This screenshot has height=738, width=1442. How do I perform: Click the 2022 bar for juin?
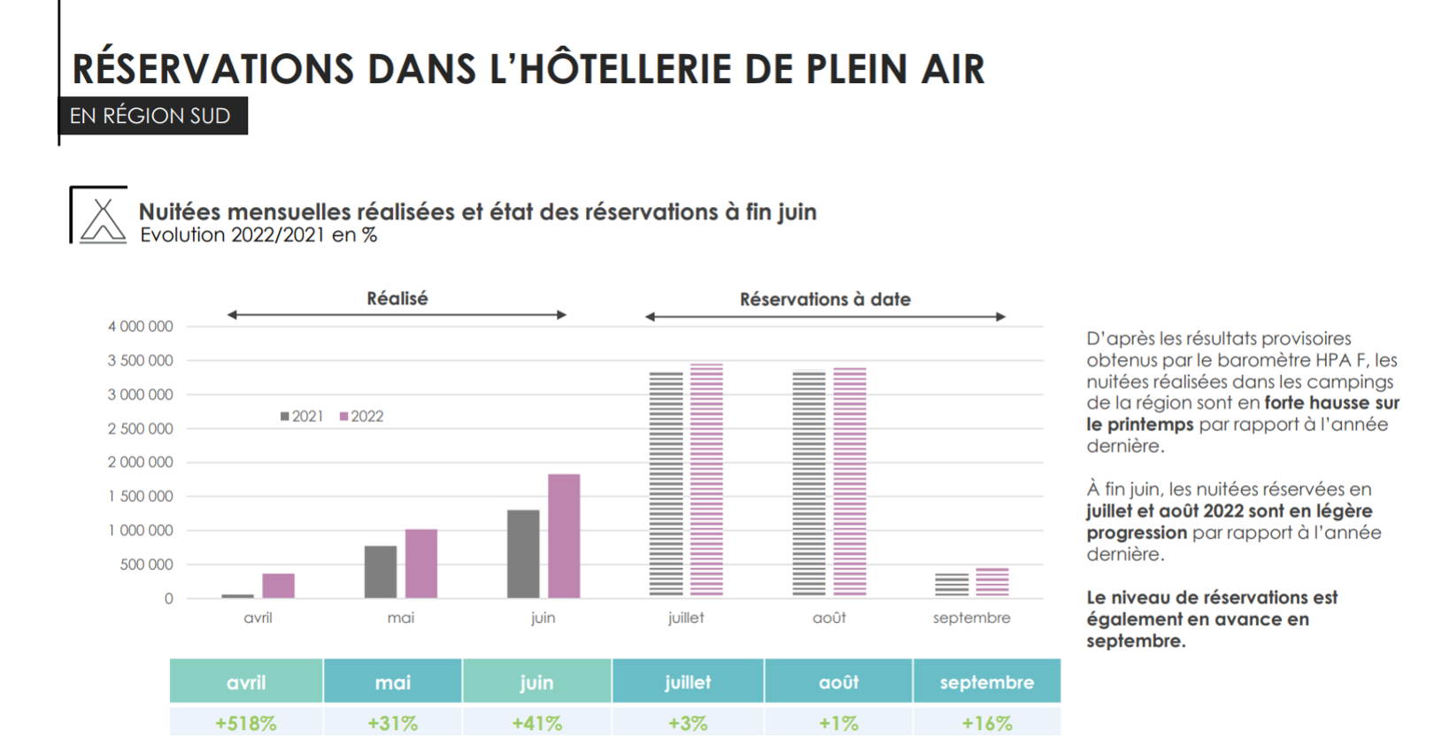[564, 536]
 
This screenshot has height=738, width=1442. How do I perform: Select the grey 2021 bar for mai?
[381, 572]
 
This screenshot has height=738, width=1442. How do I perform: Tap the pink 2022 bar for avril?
[278, 586]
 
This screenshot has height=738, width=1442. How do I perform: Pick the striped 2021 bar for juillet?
[667, 483]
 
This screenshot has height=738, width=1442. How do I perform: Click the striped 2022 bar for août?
[850, 481]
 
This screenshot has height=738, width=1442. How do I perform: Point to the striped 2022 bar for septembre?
[992, 582]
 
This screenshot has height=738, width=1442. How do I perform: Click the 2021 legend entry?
[302, 416]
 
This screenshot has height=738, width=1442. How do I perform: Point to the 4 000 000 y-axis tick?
[141, 327]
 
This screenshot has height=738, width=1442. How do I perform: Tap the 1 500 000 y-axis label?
[141, 496]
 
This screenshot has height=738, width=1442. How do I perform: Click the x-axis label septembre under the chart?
[971, 618]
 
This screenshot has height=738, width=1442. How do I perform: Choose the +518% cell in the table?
[246, 723]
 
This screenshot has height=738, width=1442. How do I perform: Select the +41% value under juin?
[536, 723]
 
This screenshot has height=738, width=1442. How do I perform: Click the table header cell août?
[838, 682]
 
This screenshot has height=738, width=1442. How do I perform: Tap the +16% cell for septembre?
[987, 723]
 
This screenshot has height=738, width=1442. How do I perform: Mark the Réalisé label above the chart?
[397, 298]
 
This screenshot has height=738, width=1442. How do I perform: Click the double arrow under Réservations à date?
[825, 317]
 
